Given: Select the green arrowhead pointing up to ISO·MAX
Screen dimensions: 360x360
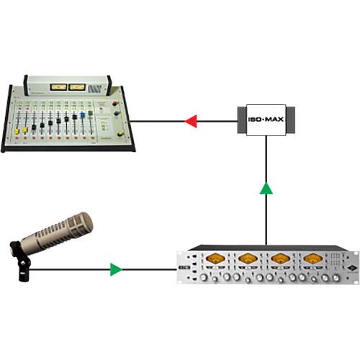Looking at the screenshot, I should (x=267, y=189).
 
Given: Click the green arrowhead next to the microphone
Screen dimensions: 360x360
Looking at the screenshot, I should (x=114, y=271).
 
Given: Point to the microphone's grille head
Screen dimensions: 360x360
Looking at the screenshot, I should (x=66, y=230).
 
